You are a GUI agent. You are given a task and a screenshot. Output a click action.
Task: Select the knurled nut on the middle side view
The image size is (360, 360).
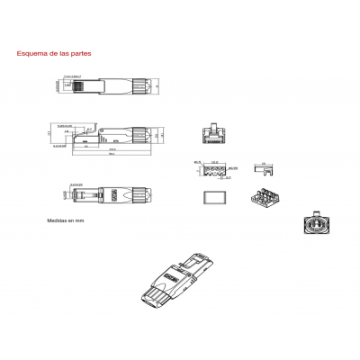[140, 134]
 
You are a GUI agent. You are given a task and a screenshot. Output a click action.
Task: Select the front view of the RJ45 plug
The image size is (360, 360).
[215, 134]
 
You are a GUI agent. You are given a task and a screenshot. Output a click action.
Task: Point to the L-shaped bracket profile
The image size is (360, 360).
[265, 167]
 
